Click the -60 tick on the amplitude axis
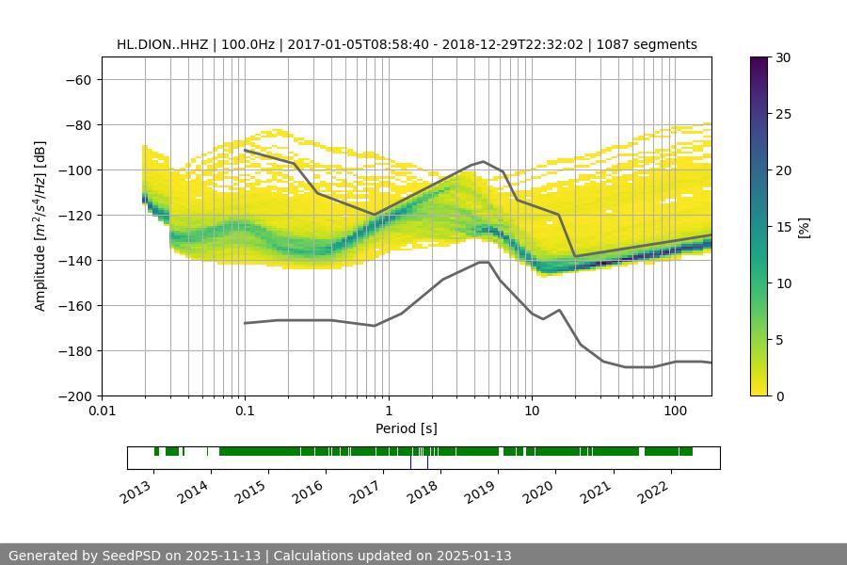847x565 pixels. tap(78, 79)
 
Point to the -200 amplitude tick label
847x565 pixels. tap(75, 395)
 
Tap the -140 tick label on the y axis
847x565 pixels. tap(75, 260)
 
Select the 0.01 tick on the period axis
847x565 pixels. tap(102, 412)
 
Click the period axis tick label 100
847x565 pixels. tap(675, 412)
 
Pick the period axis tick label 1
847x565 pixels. tap(388, 412)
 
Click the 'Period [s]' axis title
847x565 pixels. tap(407, 428)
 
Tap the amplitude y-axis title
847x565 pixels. tap(40, 226)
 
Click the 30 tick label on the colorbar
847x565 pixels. tap(781, 57)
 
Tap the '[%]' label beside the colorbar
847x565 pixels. tap(804, 227)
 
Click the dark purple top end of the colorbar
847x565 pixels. tap(760, 61)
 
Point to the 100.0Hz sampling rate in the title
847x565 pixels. tap(248, 44)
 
